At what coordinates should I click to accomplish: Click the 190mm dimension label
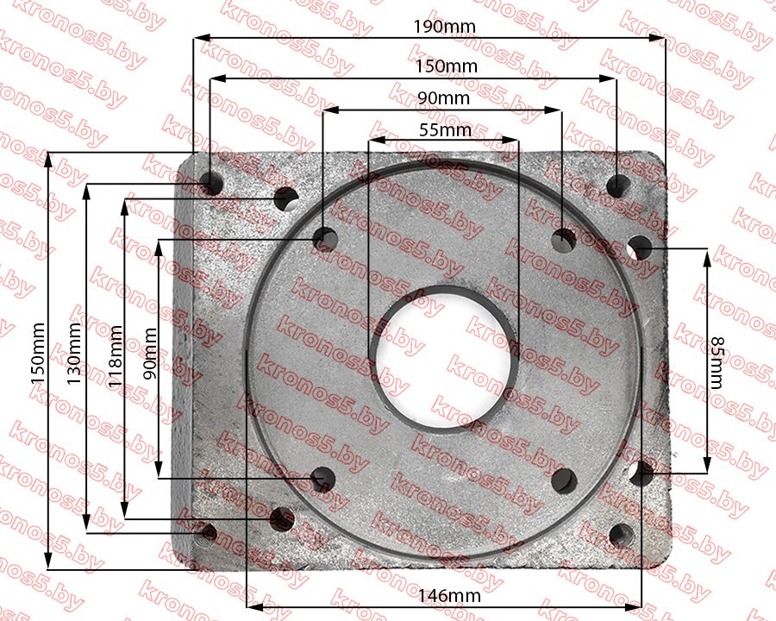coord(444,27)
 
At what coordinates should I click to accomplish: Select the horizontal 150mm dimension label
coord(447,66)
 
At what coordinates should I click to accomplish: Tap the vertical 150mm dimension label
coord(38,354)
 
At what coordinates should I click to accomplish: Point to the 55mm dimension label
coord(445,130)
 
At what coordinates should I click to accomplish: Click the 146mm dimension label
coord(449,596)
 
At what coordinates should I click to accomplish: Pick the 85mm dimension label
coord(717,362)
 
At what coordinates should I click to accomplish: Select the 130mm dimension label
coord(74,354)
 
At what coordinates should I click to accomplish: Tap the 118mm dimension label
coord(115,356)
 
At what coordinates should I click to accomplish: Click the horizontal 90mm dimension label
coord(443,98)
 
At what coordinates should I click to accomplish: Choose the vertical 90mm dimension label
coord(149,354)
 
